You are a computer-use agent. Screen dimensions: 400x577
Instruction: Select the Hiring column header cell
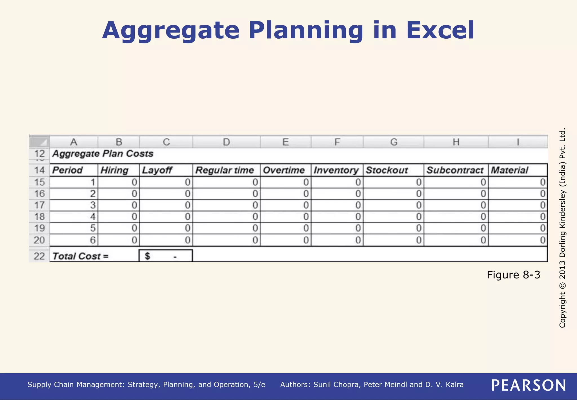pos(115,170)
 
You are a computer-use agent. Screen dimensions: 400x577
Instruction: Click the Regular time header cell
pos(225,170)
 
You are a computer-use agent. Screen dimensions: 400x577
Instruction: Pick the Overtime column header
pos(284,170)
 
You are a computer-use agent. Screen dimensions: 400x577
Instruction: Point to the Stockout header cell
pos(387,170)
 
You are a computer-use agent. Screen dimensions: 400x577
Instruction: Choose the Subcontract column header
pos(455,170)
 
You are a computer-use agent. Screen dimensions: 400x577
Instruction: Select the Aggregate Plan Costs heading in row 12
pos(103,154)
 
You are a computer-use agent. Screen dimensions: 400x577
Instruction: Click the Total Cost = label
pos(80,256)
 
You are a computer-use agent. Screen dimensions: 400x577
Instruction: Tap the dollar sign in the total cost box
pos(147,256)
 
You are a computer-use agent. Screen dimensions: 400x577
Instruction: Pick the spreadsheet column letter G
pos(394,142)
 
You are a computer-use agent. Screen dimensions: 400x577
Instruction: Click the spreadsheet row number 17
pos(39,205)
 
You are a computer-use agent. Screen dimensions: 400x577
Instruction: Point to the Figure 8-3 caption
pos(513,275)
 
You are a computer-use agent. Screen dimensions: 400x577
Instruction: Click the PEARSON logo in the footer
pos(529,385)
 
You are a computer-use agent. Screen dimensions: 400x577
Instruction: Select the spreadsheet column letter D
pos(226,142)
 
